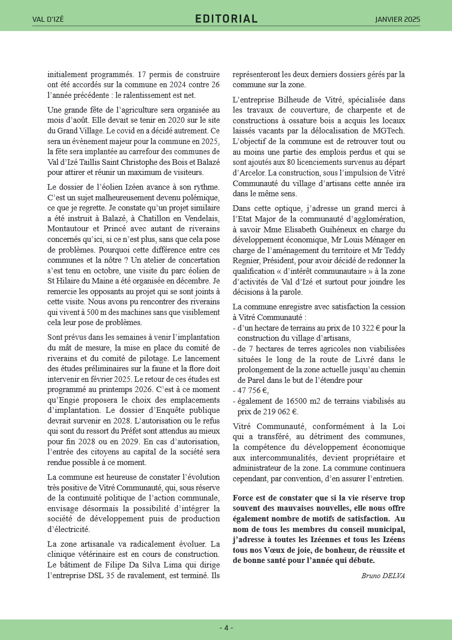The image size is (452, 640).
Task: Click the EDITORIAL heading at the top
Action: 226,19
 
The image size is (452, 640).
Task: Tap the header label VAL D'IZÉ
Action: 48,20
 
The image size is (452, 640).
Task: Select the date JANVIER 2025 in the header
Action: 397,20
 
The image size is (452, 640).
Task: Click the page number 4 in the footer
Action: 226,628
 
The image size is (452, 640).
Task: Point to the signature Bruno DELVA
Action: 383,575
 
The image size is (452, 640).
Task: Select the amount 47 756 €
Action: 253,390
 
